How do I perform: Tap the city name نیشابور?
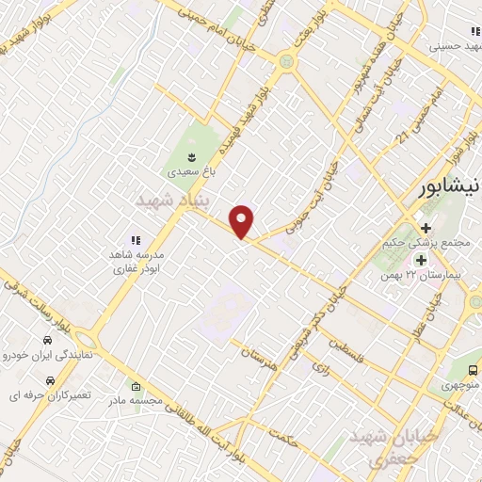(x=449, y=185)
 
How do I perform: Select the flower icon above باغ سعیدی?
(x=191, y=155)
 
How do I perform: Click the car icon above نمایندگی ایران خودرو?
(x=46, y=340)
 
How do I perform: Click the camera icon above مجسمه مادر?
(x=136, y=386)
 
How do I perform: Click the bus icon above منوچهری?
(x=471, y=369)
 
